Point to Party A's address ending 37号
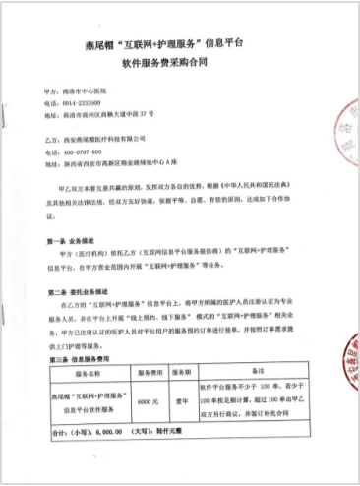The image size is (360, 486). (114, 114)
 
